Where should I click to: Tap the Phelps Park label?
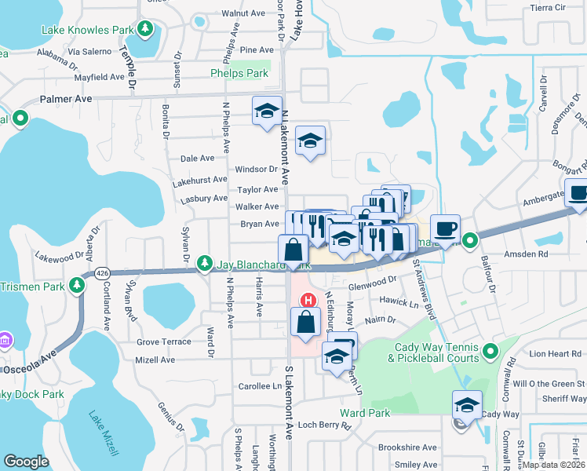coord(239,74)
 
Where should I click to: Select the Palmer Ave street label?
coord(67,99)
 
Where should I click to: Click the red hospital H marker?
coord(309,300)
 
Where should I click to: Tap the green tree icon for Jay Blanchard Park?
coord(205,261)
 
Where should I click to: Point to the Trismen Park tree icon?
coord(78,283)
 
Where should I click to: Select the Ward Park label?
coord(365,413)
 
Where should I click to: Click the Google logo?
coord(26,462)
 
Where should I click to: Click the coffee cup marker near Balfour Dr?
coord(445,228)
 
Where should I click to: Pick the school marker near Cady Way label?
coord(467,405)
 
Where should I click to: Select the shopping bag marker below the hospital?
coord(305,321)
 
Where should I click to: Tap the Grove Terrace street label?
coord(164,342)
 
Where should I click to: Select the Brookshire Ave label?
coord(407,447)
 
